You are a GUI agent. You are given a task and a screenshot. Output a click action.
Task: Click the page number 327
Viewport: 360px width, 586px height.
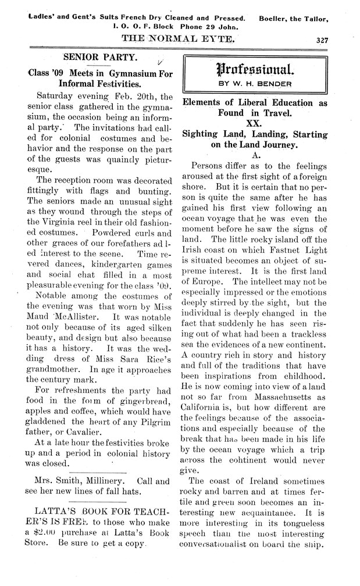(324, 41)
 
